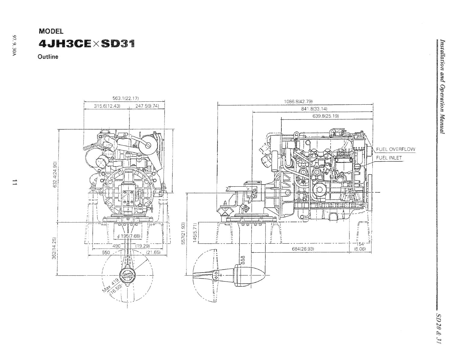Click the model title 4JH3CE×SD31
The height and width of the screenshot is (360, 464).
(87, 44)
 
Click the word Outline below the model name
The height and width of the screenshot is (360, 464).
(48, 57)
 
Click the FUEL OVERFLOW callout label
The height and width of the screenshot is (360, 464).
(396, 149)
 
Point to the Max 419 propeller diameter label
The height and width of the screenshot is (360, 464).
(112, 285)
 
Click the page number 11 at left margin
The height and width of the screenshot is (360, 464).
(14, 182)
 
